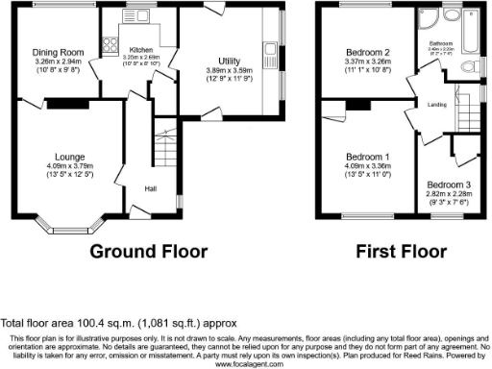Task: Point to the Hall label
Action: click(x=152, y=187)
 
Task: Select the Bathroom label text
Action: click(x=441, y=42)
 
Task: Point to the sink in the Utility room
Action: click(x=270, y=49)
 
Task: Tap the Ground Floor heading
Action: click(x=149, y=252)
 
